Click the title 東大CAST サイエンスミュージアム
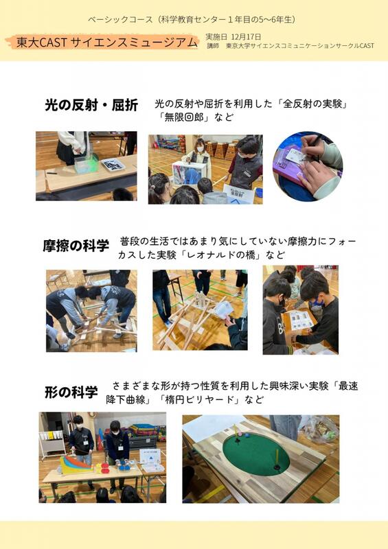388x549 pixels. [107, 43]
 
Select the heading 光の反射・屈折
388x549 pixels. [91, 105]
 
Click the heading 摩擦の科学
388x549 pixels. [76, 246]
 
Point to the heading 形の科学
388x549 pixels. [71, 393]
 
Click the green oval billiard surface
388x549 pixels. [256, 453]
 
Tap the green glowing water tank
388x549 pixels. [86, 163]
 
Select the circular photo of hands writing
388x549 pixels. [308, 166]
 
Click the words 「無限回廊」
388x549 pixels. [184, 117]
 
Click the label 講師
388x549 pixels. [212, 46]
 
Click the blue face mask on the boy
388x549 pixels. [318, 302]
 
